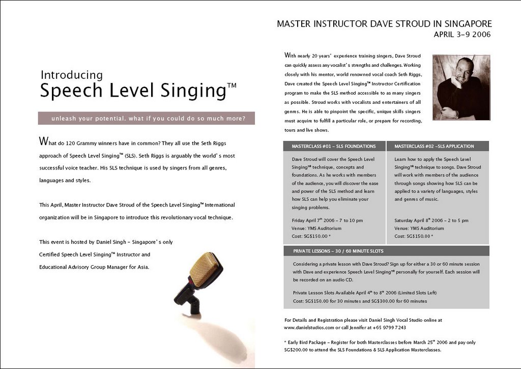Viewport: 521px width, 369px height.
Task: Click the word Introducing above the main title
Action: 72,75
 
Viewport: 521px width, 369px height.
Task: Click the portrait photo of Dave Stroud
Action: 461,88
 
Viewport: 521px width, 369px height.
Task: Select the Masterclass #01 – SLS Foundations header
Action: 334,146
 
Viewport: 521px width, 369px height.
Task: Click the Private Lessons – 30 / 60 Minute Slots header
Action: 338,251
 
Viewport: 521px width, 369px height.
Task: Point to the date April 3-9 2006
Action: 462,35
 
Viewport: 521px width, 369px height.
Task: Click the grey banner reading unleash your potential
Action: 146,119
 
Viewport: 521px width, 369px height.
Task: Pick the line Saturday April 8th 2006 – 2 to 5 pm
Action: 431,220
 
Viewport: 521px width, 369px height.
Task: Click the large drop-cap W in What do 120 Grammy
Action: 43,141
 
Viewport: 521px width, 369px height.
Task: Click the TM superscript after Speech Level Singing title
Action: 231,86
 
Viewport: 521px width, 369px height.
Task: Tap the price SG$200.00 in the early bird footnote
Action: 297,350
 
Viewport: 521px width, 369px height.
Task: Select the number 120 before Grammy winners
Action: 73,143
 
